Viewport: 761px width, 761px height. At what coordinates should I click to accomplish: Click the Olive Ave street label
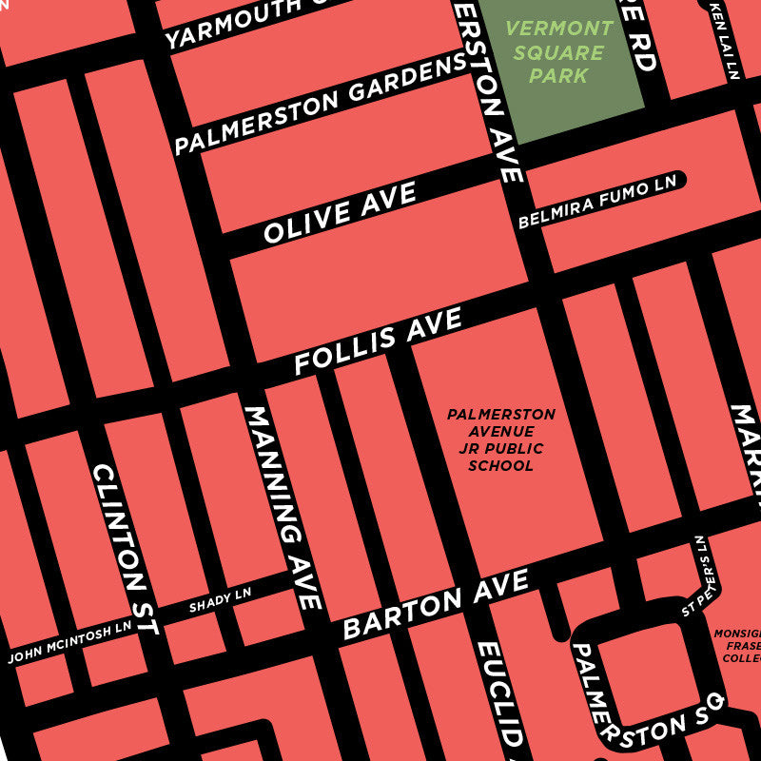pyautogui.click(x=340, y=213)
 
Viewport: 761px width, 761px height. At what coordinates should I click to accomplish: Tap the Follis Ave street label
pyautogui.click(x=378, y=341)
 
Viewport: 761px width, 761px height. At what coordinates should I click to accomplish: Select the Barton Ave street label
pyautogui.click(x=435, y=605)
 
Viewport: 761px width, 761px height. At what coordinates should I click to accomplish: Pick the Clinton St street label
pyautogui.click(x=125, y=550)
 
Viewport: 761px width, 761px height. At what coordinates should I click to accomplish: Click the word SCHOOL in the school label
pyautogui.click(x=500, y=466)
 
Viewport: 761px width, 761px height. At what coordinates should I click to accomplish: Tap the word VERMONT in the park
pyautogui.click(x=559, y=29)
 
